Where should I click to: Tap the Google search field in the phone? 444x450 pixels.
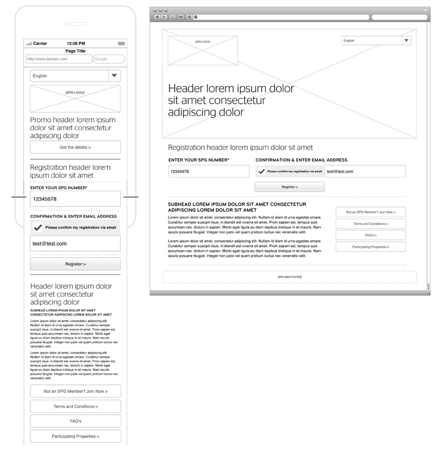click(109, 59)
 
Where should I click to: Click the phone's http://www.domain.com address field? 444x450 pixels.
click(58, 59)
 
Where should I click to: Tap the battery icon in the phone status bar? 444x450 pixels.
click(122, 43)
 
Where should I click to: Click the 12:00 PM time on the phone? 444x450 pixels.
click(76, 43)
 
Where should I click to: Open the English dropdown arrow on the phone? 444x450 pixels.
click(115, 76)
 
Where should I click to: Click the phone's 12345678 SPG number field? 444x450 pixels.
click(75, 199)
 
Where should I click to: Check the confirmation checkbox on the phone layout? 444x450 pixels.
click(38, 228)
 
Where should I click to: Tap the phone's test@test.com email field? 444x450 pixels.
click(75, 244)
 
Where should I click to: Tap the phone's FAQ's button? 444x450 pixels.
click(75, 421)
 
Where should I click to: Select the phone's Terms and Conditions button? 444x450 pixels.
click(75, 407)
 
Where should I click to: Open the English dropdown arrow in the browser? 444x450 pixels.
click(406, 41)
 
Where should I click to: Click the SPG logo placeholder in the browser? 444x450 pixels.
click(202, 50)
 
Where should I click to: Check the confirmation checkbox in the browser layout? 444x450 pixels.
click(262, 172)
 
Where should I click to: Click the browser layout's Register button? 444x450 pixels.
click(290, 187)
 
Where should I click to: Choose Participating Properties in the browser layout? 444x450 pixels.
click(371, 247)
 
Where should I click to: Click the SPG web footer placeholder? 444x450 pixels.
click(289, 277)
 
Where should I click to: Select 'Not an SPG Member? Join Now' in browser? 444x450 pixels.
click(371, 212)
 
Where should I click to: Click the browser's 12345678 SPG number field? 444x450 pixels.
click(208, 172)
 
